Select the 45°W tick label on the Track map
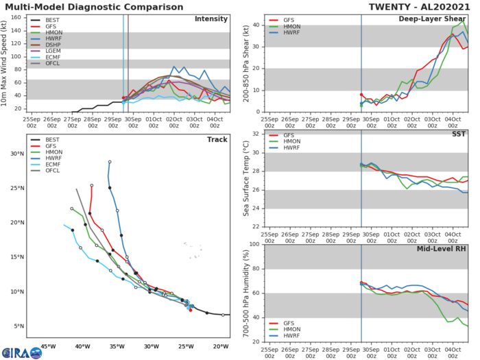(x=48, y=346)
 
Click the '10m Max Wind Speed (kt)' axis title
(x=5, y=63)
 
